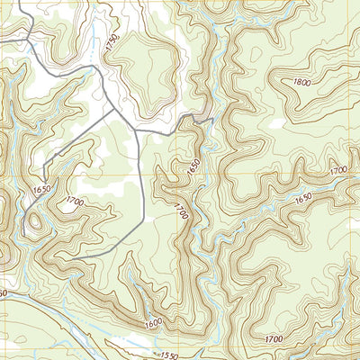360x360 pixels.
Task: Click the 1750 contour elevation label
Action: [x=112, y=43]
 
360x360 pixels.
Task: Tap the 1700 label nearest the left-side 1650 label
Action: [x=74, y=203]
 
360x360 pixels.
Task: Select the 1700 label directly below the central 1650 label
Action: [x=182, y=213]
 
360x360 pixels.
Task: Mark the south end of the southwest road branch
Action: [x=41, y=178]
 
